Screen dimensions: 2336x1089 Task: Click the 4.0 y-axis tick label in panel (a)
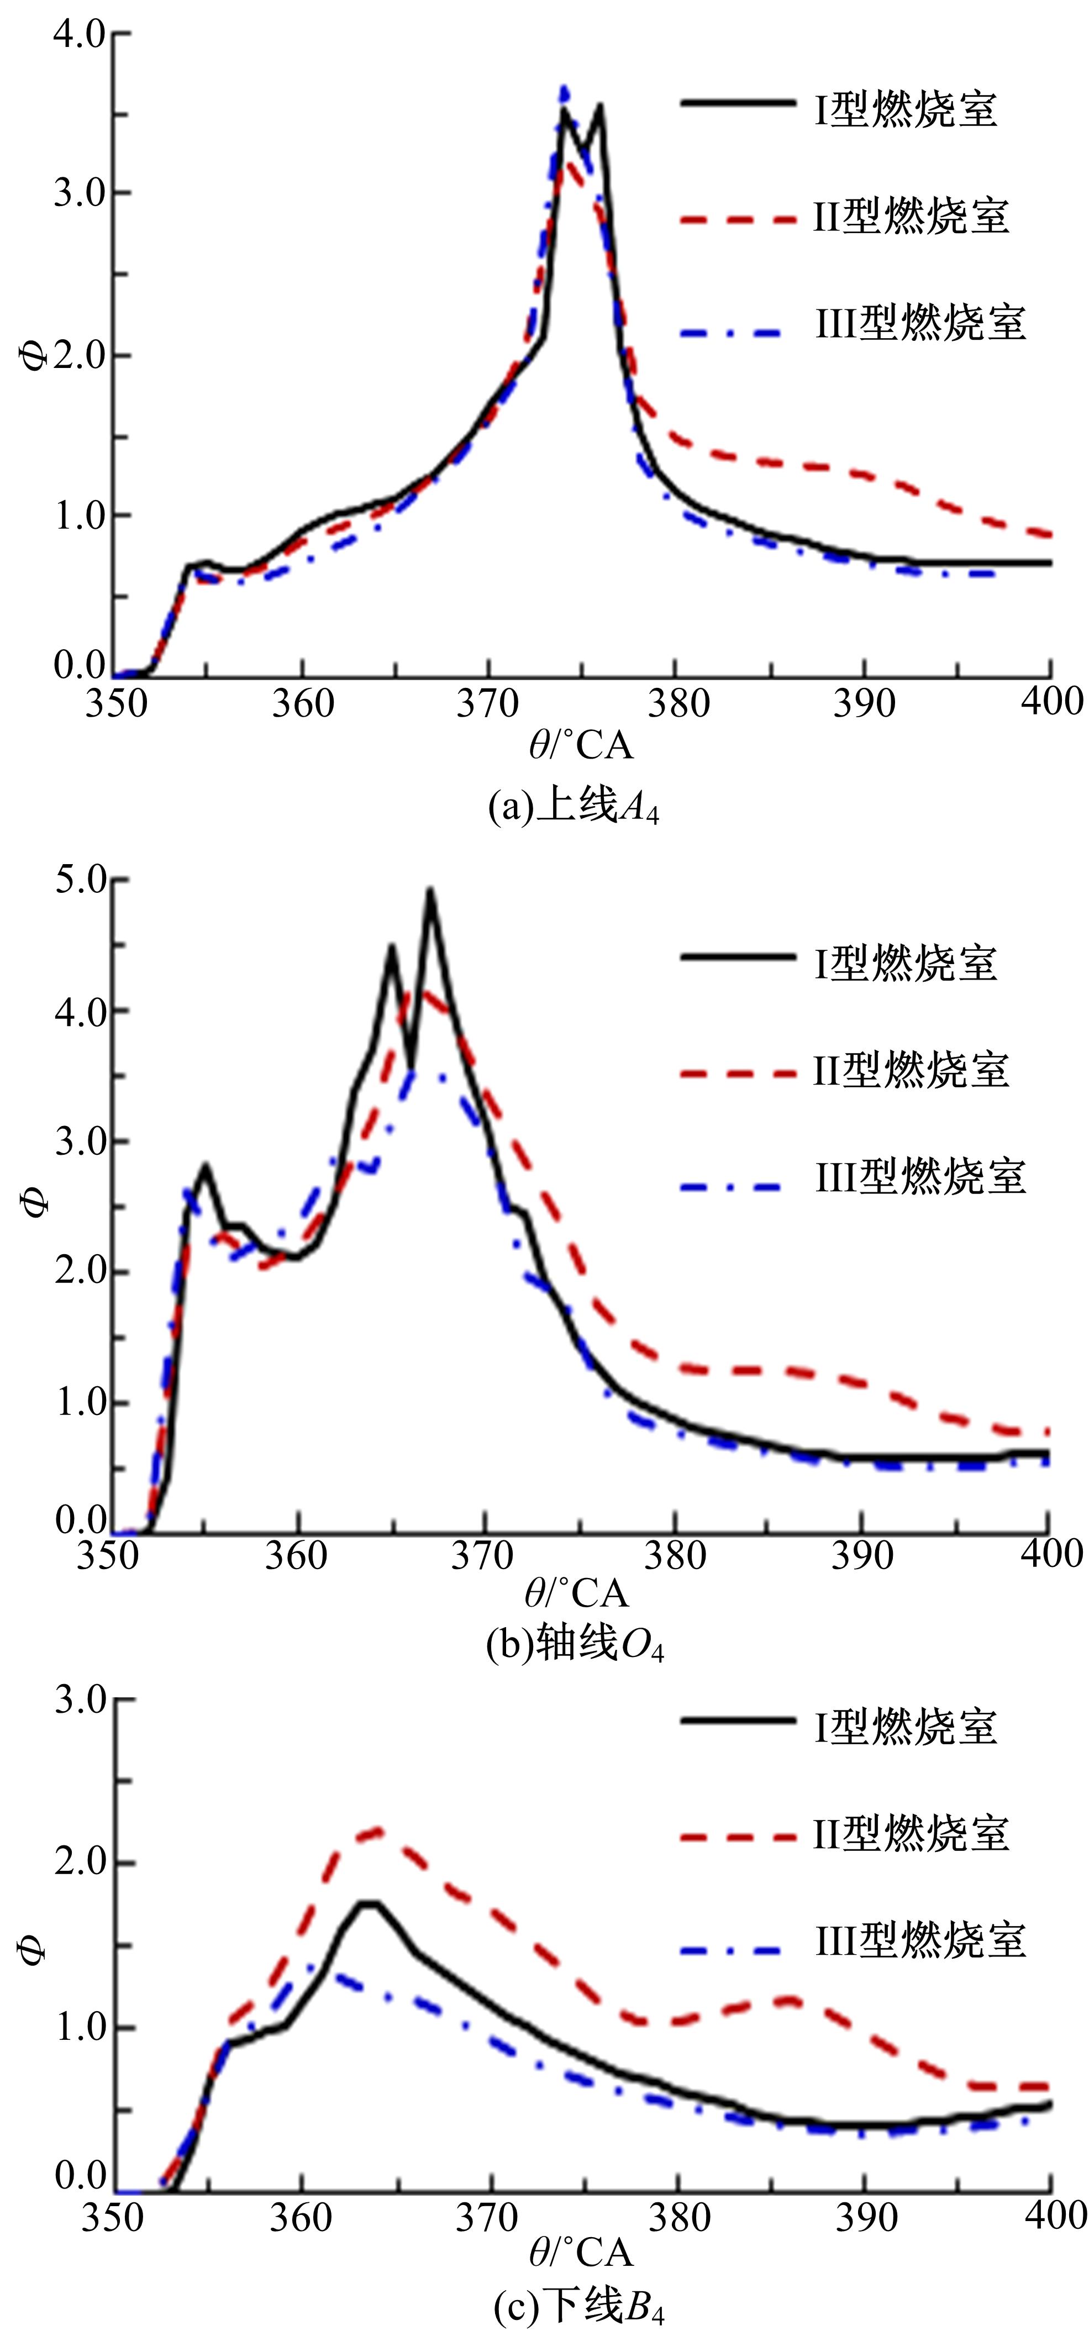click(79, 34)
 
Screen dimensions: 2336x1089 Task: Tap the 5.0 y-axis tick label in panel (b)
click(79, 881)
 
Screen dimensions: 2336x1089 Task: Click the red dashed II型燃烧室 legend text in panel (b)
click(911, 1070)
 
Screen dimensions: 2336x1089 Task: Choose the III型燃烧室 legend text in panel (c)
click(919, 1940)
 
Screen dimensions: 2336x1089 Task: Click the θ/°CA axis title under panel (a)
click(580, 745)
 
